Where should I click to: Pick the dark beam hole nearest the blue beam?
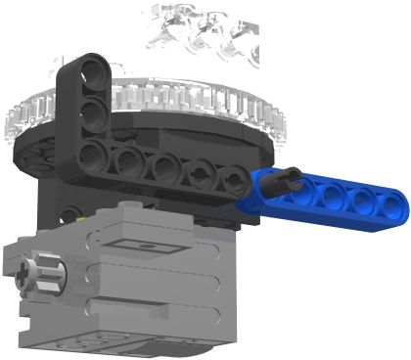233,180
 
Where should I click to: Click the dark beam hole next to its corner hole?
127,158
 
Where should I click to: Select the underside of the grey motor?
147,348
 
